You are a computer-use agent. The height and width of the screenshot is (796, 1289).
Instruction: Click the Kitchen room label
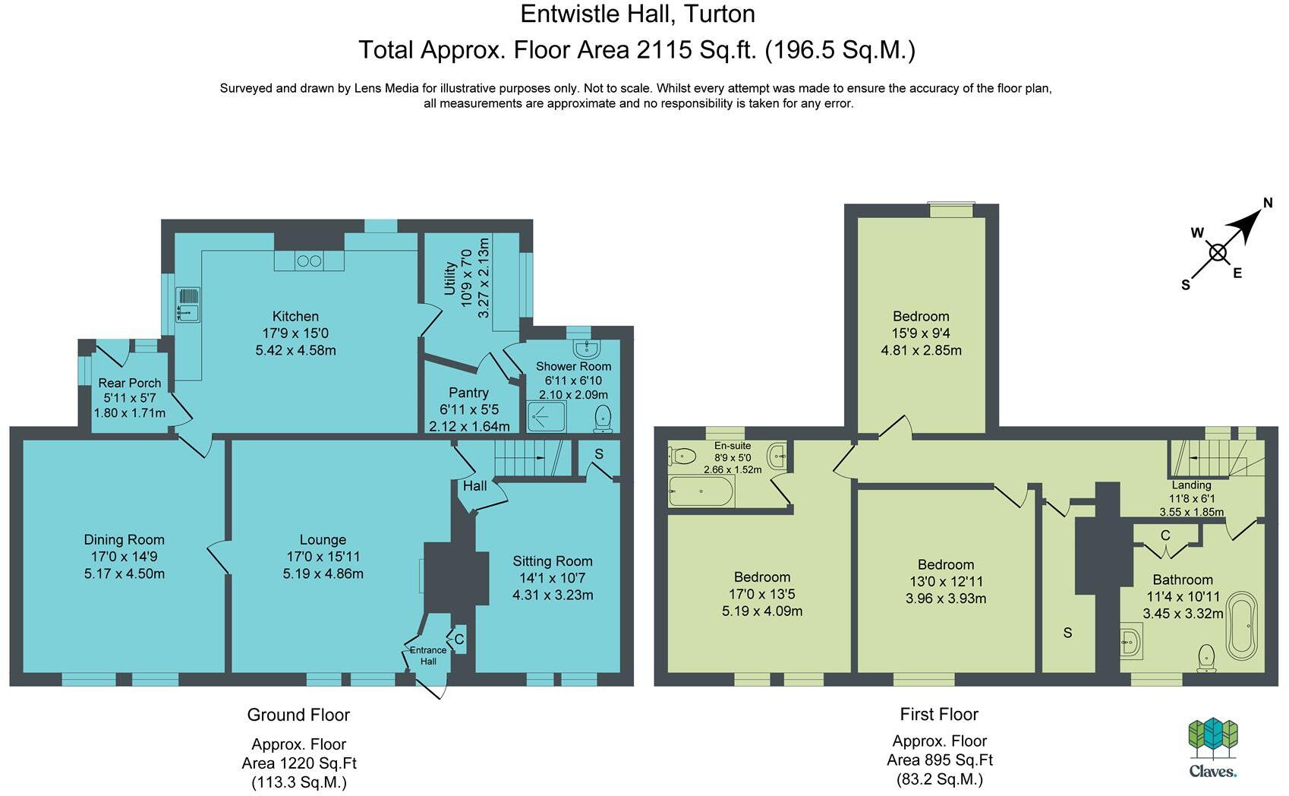[x=295, y=317]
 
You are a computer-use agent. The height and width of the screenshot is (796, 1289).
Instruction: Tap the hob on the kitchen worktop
[x=309, y=261]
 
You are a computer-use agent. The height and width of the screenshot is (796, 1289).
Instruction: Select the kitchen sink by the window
[x=188, y=305]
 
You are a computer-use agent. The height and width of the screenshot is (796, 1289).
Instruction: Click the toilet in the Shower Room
[x=603, y=418]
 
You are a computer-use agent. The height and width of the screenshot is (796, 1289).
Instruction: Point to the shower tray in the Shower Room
[x=547, y=416]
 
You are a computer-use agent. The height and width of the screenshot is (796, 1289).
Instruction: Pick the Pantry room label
[x=468, y=393]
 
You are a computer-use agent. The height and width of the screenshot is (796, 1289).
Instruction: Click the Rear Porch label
[x=130, y=383]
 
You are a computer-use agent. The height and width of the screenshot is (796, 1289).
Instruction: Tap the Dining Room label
[x=124, y=540]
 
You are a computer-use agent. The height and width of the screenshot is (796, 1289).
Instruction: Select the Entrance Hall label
[x=427, y=655]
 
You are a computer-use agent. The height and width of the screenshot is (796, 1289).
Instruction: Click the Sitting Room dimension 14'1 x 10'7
[x=553, y=578]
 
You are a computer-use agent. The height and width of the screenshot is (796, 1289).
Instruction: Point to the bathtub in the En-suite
[x=701, y=491]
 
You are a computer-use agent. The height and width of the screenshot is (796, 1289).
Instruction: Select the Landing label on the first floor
[x=1190, y=485]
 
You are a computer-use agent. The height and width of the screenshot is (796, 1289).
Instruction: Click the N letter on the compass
[x=1267, y=203]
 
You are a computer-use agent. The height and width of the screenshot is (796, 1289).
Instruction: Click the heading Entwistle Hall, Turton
[x=638, y=14]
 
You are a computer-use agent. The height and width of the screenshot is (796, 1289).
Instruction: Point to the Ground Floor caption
[x=298, y=715]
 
